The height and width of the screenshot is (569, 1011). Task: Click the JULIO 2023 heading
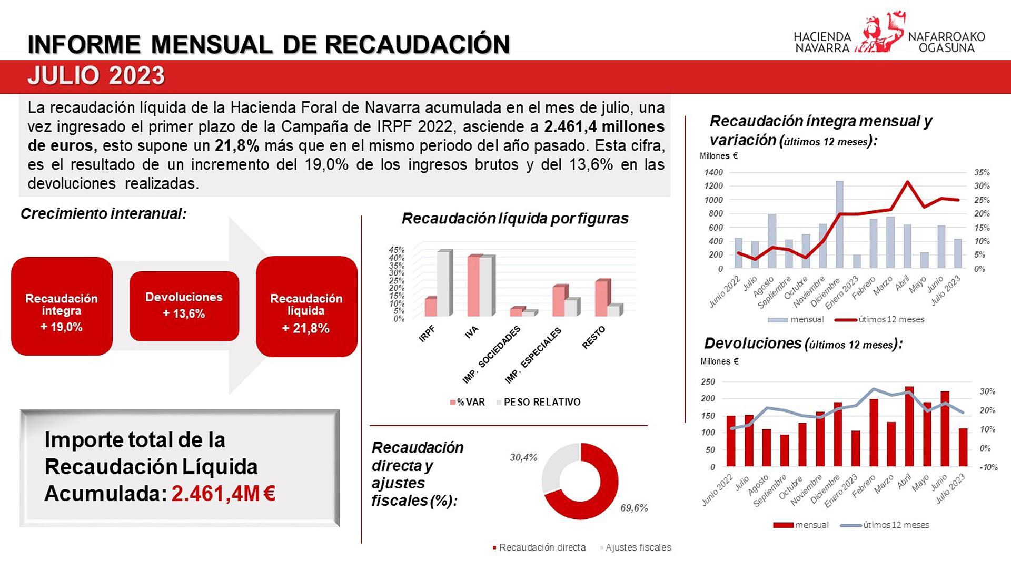coord(96,76)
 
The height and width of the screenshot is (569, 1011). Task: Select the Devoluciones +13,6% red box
coord(184,306)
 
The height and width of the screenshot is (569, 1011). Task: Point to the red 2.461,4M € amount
coord(223,494)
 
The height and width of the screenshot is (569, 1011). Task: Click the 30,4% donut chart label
coord(523,457)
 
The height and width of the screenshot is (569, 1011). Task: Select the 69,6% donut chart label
coord(634,508)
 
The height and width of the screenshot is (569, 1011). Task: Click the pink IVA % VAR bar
coord(473,287)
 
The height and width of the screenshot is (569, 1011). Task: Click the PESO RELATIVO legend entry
coord(541,402)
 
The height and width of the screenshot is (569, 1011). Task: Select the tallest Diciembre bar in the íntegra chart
coord(839,224)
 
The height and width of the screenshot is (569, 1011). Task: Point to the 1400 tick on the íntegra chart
coord(713,172)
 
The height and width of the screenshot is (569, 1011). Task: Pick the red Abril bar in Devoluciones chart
coord(909,427)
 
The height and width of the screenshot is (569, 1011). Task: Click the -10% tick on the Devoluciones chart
coord(988,467)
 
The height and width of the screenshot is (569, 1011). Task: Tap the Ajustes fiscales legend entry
coord(638,548)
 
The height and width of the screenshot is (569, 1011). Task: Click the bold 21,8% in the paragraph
coord(237,146)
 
